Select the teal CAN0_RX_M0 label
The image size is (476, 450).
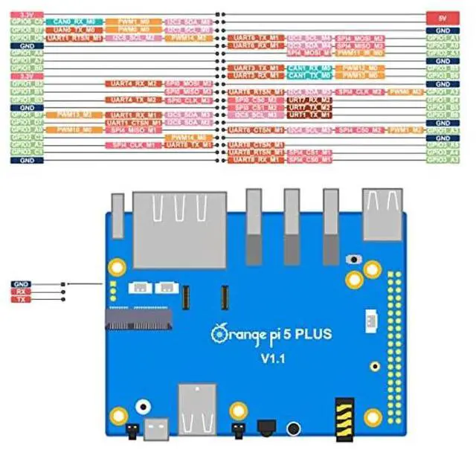coord(74,22)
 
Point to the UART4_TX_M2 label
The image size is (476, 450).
coord(133,99)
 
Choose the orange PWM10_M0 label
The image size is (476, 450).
coord(74,129)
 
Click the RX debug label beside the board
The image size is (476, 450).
coord(21,292)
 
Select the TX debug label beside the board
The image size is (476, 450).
coord(21,299)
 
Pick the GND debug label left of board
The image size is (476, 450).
coord(21,284)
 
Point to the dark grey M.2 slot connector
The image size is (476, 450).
coord(138,320)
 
